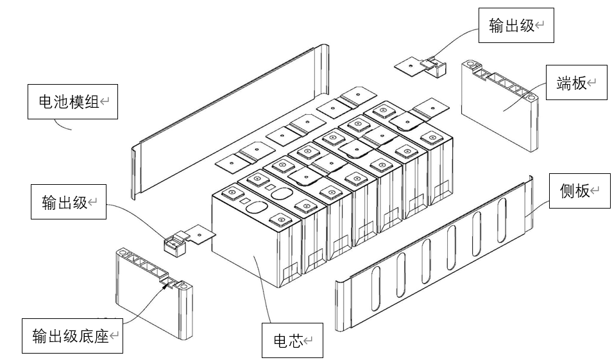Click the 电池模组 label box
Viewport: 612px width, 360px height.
72,101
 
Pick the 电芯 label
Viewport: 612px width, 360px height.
292,341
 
